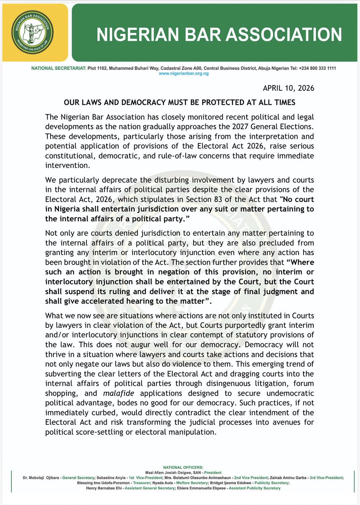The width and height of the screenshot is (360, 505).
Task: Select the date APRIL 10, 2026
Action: coord(288,88)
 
